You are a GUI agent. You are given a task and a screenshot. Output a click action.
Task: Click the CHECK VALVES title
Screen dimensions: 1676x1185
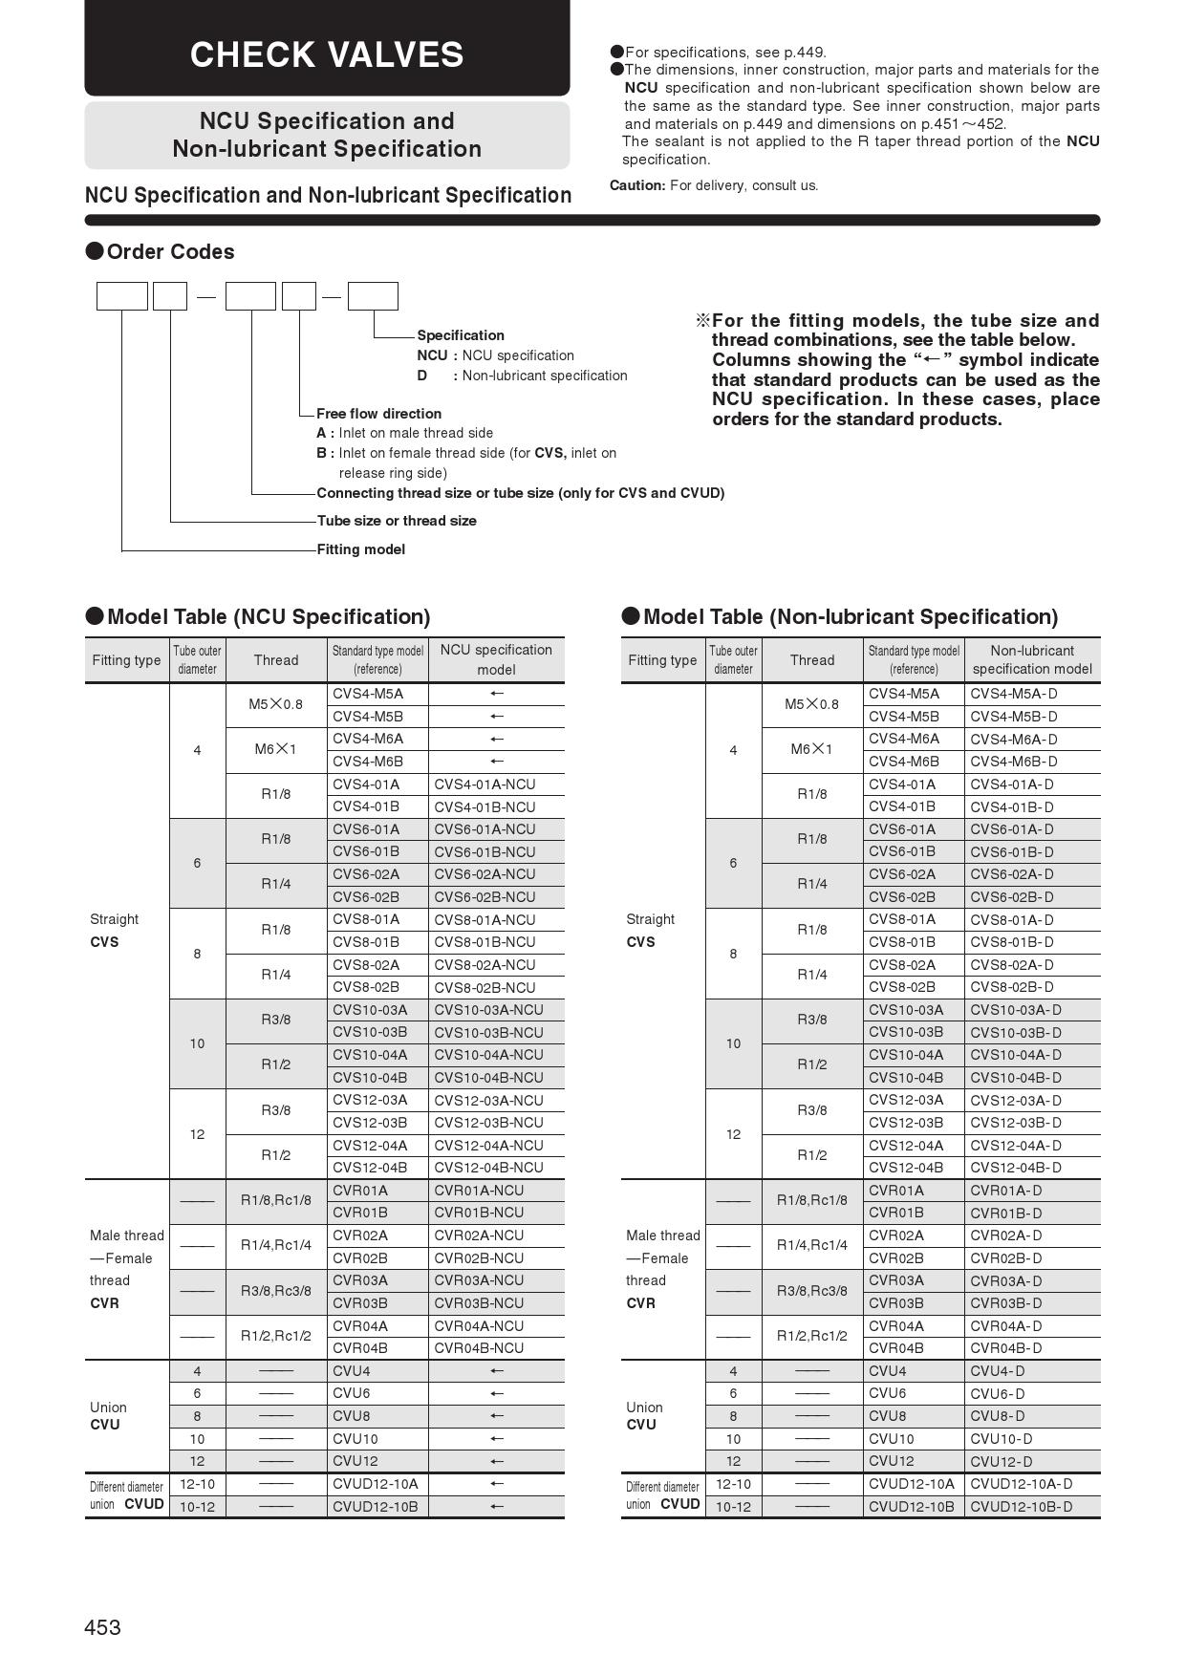327,54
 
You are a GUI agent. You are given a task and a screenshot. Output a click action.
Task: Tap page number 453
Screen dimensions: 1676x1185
102,1627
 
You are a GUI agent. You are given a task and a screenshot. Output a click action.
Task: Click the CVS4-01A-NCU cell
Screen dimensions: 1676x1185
485,784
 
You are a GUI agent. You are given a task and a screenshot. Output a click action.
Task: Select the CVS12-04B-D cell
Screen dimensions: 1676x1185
1016,1168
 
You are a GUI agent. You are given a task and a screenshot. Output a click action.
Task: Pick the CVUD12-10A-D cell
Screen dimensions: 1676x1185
1022,1484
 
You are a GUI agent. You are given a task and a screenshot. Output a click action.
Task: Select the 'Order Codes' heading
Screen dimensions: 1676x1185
170,252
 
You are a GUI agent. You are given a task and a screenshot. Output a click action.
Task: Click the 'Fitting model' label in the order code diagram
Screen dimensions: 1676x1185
360,549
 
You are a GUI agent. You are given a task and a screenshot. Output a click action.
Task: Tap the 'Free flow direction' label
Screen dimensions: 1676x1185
378,414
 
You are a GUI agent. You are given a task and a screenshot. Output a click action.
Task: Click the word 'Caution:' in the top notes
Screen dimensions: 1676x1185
637,185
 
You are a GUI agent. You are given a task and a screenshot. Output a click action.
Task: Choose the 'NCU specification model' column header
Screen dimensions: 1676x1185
496,659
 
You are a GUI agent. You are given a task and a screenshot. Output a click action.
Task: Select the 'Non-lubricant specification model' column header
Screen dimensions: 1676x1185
1032,659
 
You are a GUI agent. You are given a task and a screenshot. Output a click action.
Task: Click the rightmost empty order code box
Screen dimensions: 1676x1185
373,296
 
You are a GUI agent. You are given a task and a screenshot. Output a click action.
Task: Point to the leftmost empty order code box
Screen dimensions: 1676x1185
122,296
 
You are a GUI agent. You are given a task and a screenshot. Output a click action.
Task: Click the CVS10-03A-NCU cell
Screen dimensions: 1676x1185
488,1010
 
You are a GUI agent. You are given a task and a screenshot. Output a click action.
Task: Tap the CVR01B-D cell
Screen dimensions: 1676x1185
1006,1214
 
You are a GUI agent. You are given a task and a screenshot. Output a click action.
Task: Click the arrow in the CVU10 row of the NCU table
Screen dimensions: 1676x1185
496,1439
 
